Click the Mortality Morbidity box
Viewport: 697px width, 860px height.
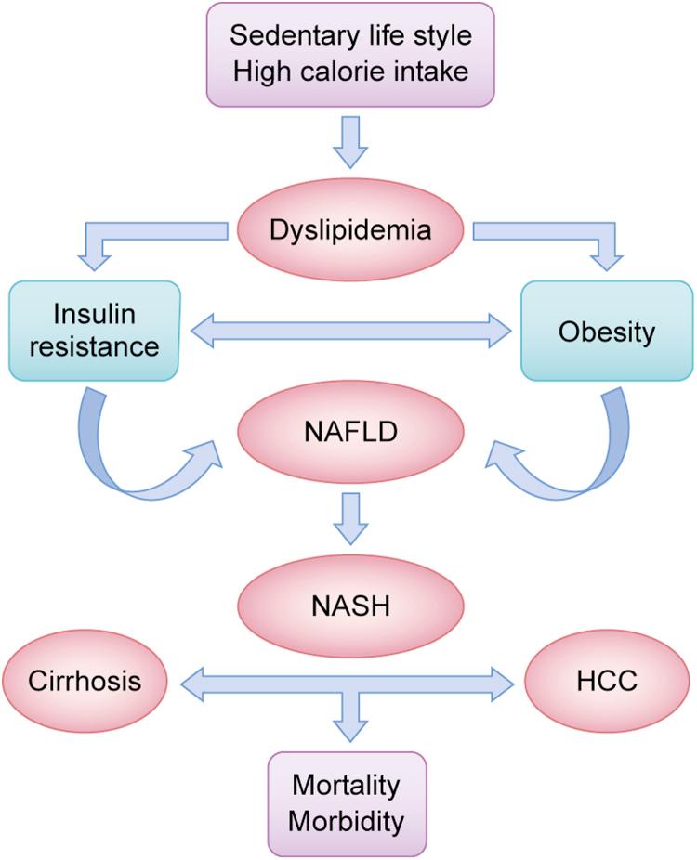click(x=348, y=800)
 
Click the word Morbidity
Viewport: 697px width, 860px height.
click(x=348, y=819)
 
